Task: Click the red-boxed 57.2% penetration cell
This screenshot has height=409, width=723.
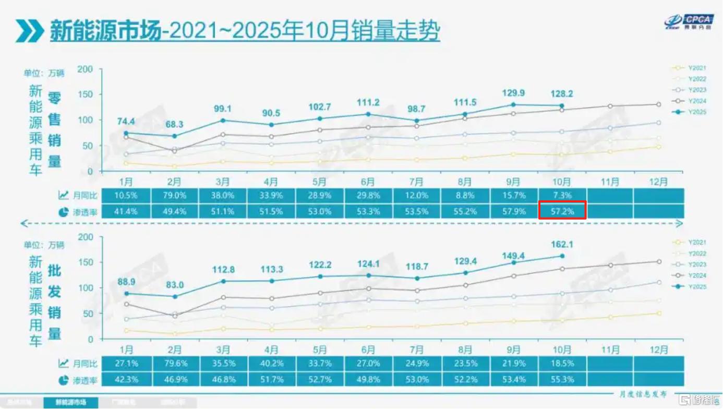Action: click(x=562, y=211)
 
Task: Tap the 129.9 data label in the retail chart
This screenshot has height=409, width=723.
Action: click(x=514, y=92)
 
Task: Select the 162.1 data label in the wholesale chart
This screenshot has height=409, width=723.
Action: click(x=562, y=244)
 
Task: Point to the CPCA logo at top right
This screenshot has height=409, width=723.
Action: click(x=689, y=21)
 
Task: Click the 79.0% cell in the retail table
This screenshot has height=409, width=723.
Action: click(x=174, y=195)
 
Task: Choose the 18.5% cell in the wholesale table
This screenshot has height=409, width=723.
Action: click(x=562, y=363)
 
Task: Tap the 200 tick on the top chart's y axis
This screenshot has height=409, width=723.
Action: click(x=85, y=69)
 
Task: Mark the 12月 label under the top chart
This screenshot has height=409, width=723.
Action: click(x=658, y=182)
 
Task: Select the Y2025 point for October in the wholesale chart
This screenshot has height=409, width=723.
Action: click(x=562, y=256)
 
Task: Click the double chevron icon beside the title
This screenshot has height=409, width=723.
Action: click(x=29, y=31)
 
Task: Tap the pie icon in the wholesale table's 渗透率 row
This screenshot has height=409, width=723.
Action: click(x=63, y=379)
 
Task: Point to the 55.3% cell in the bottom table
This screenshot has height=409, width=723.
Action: click(x=562, y=379)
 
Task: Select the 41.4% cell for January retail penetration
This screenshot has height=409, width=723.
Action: click(x=126, y=211)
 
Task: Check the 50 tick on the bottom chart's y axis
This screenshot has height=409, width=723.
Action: click(x=88, y=314)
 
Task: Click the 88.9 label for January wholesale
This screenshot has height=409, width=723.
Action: click(x=126, y=282)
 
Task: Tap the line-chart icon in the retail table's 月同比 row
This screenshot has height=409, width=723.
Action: click(x=63, y=195)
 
